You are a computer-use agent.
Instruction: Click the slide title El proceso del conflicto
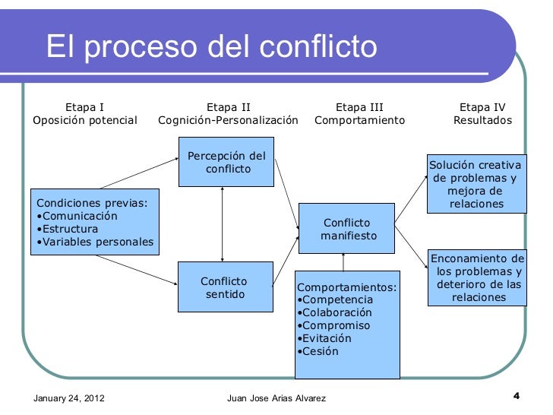(211, 47)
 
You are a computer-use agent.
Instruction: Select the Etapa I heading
(85, 107)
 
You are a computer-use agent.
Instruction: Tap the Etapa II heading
(228, 107)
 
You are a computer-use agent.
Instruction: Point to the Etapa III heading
(359, 107)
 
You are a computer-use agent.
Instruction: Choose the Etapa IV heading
(482, 107)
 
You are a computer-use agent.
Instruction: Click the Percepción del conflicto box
(226, 162)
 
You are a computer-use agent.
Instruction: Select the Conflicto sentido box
(225, 287)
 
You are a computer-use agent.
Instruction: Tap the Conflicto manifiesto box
(347, 230)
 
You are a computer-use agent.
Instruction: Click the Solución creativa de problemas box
(476, 185)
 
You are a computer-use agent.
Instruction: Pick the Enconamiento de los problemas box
(477, 277)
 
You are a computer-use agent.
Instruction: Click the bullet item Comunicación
(79, 216)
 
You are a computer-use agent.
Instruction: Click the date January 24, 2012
(70, 398)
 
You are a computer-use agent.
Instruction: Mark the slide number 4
(517, 395)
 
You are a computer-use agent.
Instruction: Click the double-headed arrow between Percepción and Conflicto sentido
(222, 224)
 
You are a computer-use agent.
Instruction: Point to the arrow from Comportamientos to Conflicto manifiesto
(344, 261)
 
